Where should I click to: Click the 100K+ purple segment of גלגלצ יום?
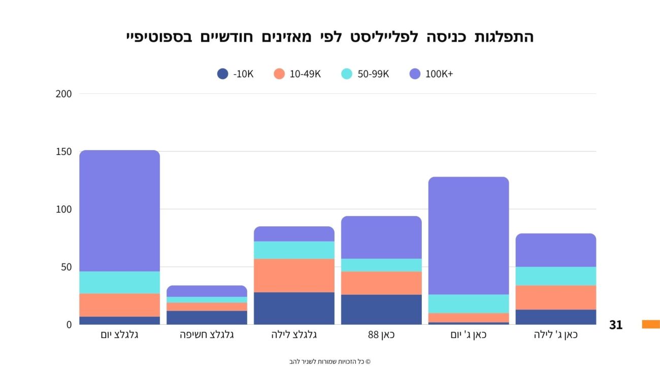click(119, 211)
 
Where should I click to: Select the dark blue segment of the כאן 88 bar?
click(381, 309)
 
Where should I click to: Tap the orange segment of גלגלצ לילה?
click(294, 276)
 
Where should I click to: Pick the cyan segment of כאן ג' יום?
click(469, 303)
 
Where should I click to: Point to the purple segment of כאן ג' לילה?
click(556, 250)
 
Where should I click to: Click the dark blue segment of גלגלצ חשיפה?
click(207, 317)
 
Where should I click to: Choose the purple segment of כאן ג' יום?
click(469, 235)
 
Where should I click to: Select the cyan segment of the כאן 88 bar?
click(381, 265)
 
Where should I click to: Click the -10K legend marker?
click(222, 74)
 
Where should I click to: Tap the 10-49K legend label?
click(305, 74)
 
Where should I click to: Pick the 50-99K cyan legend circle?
click(347, 74)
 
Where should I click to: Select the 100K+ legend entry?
click(431, 74)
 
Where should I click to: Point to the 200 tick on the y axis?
click(64, 94)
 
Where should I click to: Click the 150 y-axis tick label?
click(64, 152)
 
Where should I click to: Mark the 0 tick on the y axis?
click(69, 324)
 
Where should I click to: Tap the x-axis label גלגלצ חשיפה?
click(207, 335)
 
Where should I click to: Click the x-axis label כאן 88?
click(381, 335)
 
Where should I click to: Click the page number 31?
click(616, 325)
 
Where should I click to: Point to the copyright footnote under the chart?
click(330, 362)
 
